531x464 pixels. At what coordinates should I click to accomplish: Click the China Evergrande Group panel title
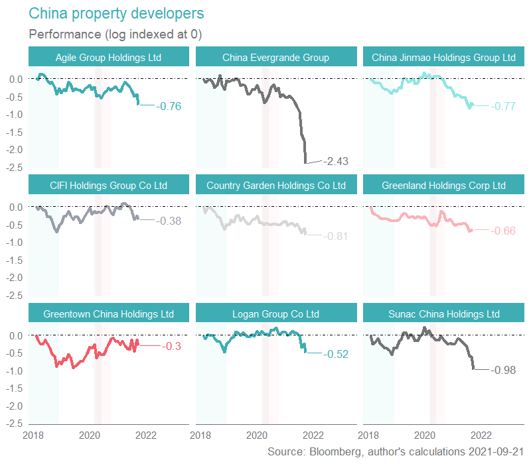275,58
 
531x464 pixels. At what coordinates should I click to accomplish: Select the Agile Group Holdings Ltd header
108,58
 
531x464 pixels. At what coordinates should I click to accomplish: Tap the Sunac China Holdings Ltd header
443,314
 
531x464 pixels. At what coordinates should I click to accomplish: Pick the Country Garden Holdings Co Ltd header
275,186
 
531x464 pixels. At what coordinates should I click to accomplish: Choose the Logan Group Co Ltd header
275,314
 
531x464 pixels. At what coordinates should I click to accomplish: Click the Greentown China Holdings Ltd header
108,314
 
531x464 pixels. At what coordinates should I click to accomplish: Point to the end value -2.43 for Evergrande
335,161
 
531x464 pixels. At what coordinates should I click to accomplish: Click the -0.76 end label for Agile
169,106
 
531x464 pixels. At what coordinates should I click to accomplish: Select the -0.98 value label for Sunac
502,370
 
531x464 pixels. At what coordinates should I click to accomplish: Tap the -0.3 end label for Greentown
171,346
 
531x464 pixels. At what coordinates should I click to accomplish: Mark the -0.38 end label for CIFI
169,221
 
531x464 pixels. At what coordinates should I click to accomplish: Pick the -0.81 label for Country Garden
335,236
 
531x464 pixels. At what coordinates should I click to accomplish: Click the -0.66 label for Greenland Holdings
502,231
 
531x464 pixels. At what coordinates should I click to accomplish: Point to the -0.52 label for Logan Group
335,354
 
